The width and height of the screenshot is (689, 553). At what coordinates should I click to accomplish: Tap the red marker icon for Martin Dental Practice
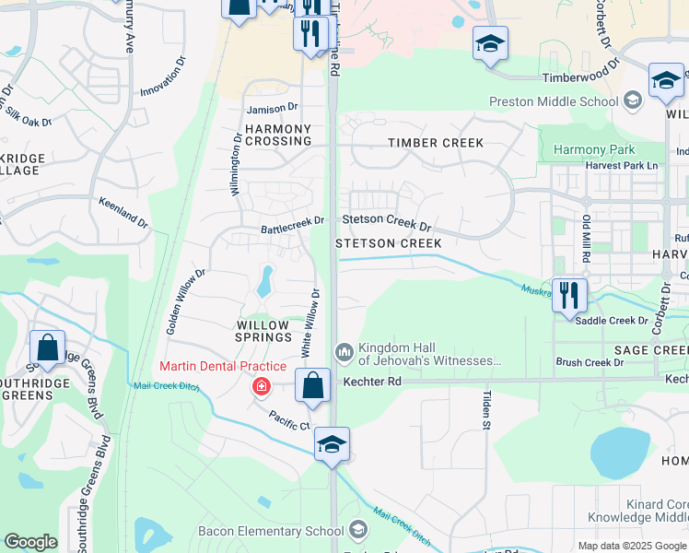click(263, 386)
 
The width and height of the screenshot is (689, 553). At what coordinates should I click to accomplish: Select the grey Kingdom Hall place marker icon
click(344, 352)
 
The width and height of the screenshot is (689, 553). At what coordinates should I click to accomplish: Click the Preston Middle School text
click(566, 101)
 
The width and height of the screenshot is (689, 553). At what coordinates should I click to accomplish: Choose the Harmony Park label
click(593, 149)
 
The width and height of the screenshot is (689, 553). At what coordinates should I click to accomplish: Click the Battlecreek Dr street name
click(292, 221)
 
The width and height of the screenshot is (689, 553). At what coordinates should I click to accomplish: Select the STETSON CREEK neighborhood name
click(388, 242)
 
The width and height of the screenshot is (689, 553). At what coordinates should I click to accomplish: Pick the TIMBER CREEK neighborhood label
click(435, 143)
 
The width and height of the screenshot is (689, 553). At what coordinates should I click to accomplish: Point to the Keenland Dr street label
click(123, 211)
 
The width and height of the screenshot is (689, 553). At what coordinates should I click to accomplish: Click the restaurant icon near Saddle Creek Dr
click(569, 296)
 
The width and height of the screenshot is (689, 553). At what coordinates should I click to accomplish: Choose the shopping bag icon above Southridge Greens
click(47, 347)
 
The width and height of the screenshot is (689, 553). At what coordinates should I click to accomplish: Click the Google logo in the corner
click(30, 542)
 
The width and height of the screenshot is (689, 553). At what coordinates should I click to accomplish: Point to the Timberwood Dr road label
click(577, 78)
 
